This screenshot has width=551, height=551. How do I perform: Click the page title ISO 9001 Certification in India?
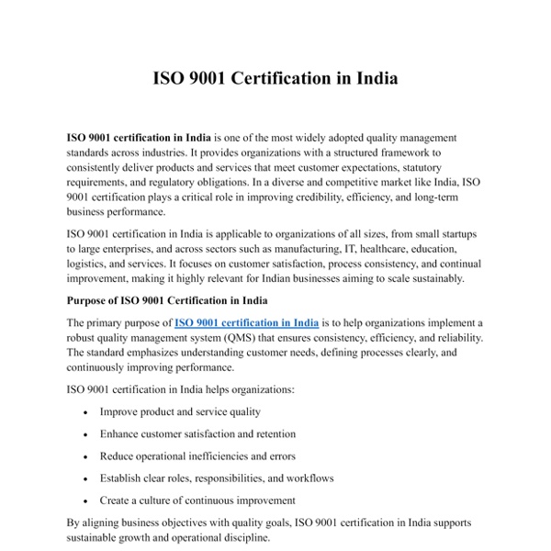275,78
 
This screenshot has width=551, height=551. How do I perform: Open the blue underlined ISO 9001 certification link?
246,322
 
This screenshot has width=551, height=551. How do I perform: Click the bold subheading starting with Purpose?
180,299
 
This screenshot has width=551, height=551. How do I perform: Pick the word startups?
452,234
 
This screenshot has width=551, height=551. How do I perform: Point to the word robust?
84,338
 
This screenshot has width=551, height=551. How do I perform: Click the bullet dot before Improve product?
85,412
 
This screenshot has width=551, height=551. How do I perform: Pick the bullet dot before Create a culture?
85,501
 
